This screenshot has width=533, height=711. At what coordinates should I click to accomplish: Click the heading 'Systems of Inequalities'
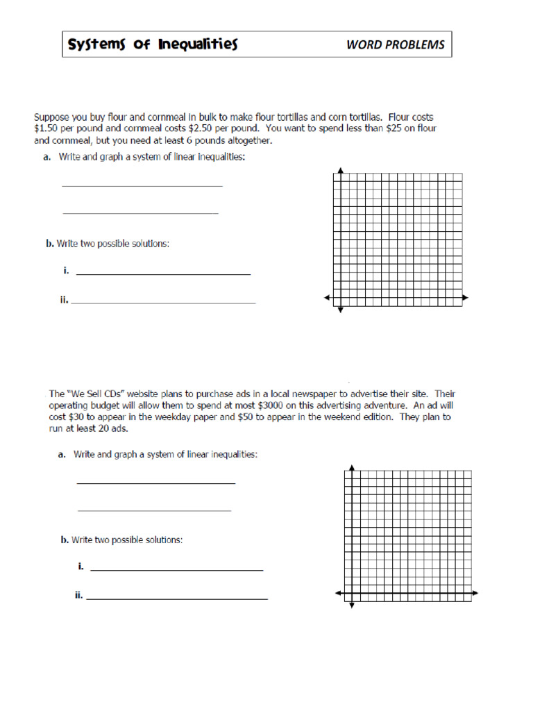[152, 45]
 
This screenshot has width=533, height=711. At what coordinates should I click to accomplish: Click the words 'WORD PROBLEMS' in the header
[395, 45]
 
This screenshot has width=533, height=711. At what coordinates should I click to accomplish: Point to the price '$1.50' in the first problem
[46, 128]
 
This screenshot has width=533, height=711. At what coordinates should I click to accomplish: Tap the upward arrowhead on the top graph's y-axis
[340, 170]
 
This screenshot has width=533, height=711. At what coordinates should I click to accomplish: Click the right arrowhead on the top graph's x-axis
[466, 298]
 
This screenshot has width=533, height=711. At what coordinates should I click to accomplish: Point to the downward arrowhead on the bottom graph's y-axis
[352, 606]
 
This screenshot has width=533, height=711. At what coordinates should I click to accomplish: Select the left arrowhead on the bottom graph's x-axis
[338, 593]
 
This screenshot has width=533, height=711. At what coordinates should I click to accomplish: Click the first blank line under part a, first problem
[142, 185]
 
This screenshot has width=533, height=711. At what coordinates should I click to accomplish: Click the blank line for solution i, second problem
[177, 570]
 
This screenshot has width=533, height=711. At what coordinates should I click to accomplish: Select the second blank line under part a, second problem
[154, 510]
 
